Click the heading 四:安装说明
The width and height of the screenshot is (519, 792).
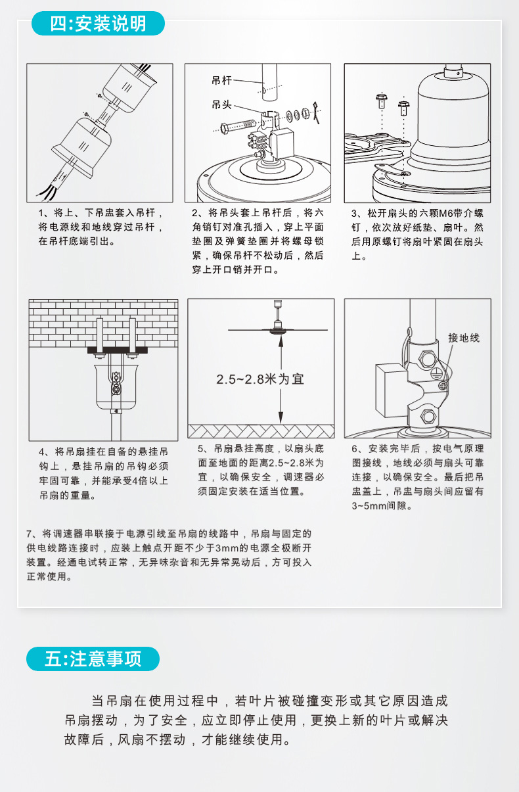click(98, 24)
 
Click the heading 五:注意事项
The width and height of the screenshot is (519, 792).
click(93, 659)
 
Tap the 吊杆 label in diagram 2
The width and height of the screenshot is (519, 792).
click(221, 81)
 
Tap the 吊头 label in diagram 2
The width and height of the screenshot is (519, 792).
click(221, 105)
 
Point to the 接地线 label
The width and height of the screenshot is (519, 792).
click(464, 338)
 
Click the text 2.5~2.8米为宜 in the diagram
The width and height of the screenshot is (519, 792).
click(260, 379)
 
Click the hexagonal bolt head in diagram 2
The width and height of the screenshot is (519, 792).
click(224, 128)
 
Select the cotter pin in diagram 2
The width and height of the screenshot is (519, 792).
click(316, 112)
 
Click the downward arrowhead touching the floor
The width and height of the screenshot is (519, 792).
click(281, 417)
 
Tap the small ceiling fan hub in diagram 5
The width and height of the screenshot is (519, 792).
click(278, 329)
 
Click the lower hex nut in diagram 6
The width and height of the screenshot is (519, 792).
click(428, 417)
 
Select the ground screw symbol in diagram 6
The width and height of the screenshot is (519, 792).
click(443, 385)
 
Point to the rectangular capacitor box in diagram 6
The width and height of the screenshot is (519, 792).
click(392, 390)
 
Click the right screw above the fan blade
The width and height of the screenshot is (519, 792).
click(403, 108)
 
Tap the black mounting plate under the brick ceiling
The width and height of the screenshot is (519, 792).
click(117, 350)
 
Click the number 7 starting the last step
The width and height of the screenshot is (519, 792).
click(30, 534)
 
